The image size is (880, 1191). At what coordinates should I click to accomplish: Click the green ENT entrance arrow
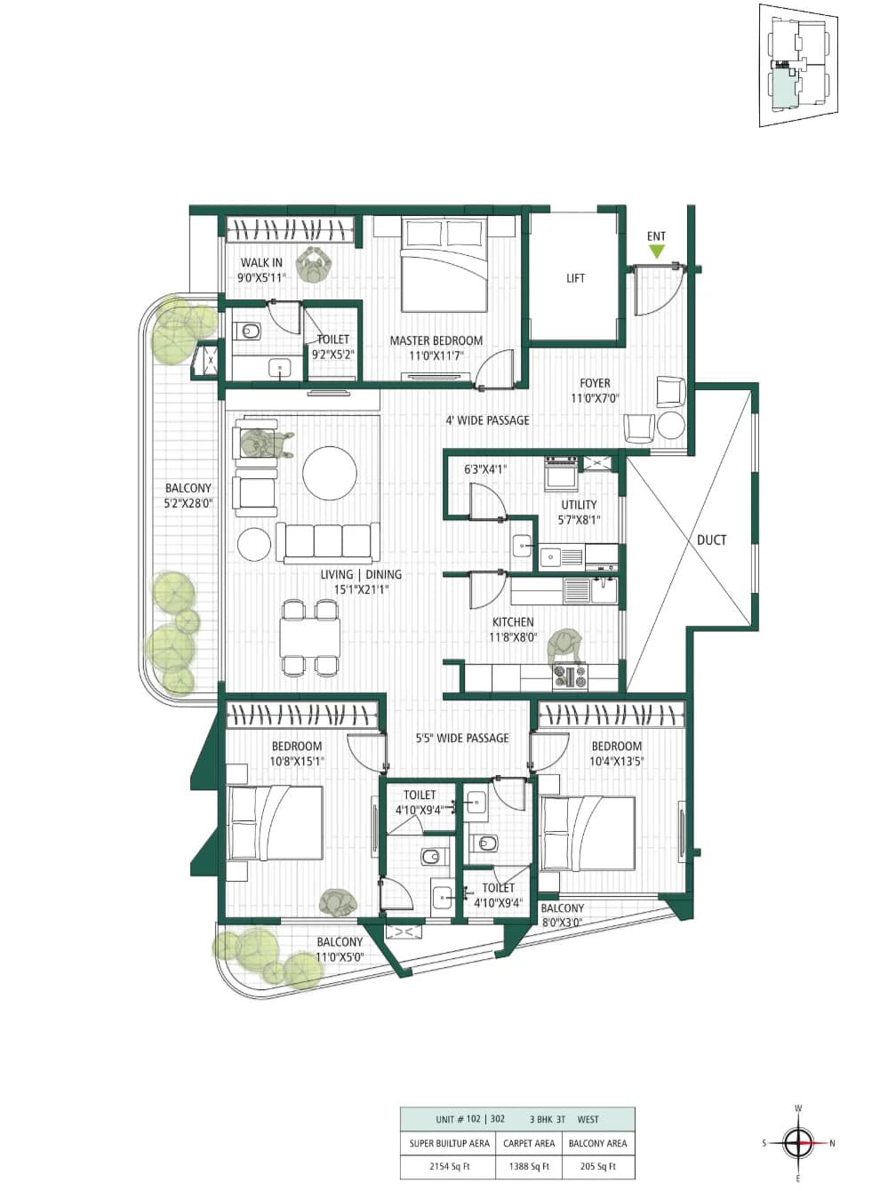[x=656, y=252]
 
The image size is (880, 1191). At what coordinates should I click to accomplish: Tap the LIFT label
[x=575, y=278]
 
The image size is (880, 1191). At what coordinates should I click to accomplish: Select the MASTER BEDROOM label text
[x=436, y=340]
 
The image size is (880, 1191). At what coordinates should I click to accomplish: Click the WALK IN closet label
[x=261, y=262]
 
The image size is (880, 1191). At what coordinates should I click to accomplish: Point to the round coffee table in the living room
[x=329, y=473]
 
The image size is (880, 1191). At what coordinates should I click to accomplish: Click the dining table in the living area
[x=309, y=637]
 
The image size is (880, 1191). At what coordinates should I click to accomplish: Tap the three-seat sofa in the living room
[x=324, y=542]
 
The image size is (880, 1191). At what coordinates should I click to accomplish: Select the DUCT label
[x=711, y=540]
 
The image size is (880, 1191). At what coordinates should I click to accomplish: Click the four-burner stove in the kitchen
[x=570, y=676]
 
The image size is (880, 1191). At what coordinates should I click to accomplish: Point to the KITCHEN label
[x=513, y=622]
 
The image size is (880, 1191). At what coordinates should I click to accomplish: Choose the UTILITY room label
[x=579, y=505]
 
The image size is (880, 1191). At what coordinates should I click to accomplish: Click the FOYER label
[x=595, y=383]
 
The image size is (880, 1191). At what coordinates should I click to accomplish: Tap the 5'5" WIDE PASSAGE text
[x=462, y=738]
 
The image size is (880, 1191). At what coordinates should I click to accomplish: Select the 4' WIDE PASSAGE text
[x=487, y=420]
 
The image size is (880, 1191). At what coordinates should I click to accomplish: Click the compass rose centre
[x=799, y=1143]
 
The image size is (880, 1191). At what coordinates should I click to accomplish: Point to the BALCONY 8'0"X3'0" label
[x=562, y=915]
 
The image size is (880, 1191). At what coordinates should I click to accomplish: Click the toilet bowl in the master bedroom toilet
[x=249, y=331]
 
